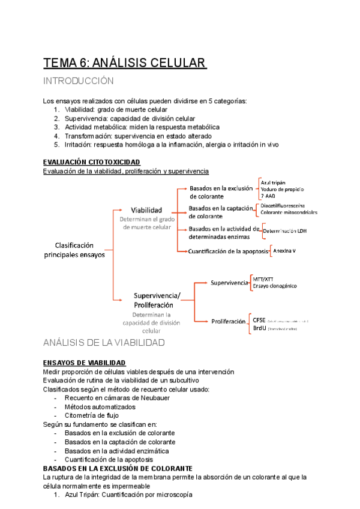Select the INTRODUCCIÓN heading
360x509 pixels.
pos(79,81)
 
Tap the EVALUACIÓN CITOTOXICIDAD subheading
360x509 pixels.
pos(92,162)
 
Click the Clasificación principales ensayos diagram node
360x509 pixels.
pos(74,250)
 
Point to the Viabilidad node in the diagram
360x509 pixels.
pos(147,210)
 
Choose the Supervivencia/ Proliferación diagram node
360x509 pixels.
pos(157,300)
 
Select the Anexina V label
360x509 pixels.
pos(288,249)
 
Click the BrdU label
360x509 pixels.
pos(260,329)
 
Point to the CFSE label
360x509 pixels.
pos(260,321)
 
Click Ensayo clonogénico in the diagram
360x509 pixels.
pos(275,286)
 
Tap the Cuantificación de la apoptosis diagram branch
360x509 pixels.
pos(229,251)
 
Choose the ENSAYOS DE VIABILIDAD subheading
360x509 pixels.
pos(85,363)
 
